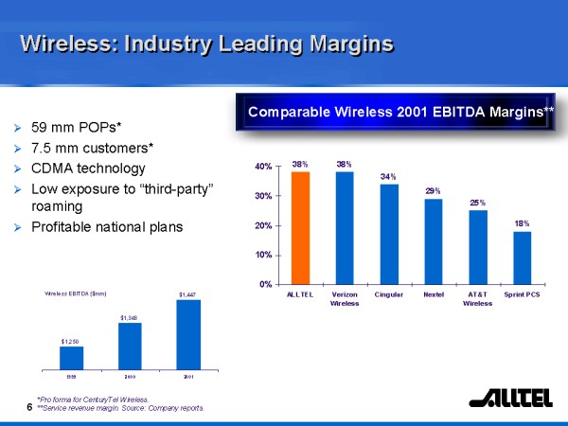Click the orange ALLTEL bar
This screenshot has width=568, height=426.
(300, 227)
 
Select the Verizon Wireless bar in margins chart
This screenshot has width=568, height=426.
(345, 227)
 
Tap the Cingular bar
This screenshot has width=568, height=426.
(389, 234)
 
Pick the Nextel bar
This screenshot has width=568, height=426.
(434, 241)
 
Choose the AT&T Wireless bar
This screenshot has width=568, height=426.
(478, 247)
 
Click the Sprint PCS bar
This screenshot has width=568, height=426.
(523, 257)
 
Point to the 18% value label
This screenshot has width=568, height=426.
(523, 222)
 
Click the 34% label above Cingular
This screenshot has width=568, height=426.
(388, 176)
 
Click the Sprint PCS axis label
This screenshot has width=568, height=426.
(523, 295)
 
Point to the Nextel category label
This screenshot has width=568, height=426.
(434, 295)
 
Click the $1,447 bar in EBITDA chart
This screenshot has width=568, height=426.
(188, 332)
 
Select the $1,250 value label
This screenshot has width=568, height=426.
(71, 340)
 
